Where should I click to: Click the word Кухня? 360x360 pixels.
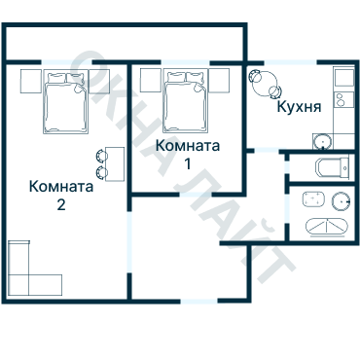pos(299,107)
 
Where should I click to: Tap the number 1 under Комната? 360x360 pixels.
pos(188,163)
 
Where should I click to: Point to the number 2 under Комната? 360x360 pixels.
pos(61,205)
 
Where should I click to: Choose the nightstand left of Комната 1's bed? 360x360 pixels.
pos(149,79)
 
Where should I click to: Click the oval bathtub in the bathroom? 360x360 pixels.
pos(329,225)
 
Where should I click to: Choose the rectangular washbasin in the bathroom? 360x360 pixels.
pos(312,201)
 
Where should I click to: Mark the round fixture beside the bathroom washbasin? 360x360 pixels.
pos(340,201)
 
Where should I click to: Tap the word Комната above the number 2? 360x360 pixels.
pos(61,187)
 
